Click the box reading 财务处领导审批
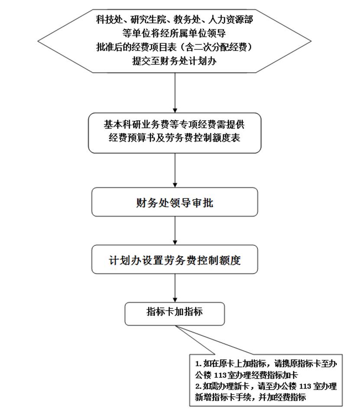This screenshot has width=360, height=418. tap(175, 202)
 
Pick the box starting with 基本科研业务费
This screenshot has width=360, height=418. tap(175, 132)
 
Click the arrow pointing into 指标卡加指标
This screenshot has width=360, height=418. tap(175, 289)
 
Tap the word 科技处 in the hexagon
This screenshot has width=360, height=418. tap(108, 19)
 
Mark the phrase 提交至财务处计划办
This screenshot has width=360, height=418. tap(174, 61)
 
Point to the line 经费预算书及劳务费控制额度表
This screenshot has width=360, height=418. tap(175, 139)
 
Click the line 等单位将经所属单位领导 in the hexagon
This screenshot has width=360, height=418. tap(174, 33)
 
